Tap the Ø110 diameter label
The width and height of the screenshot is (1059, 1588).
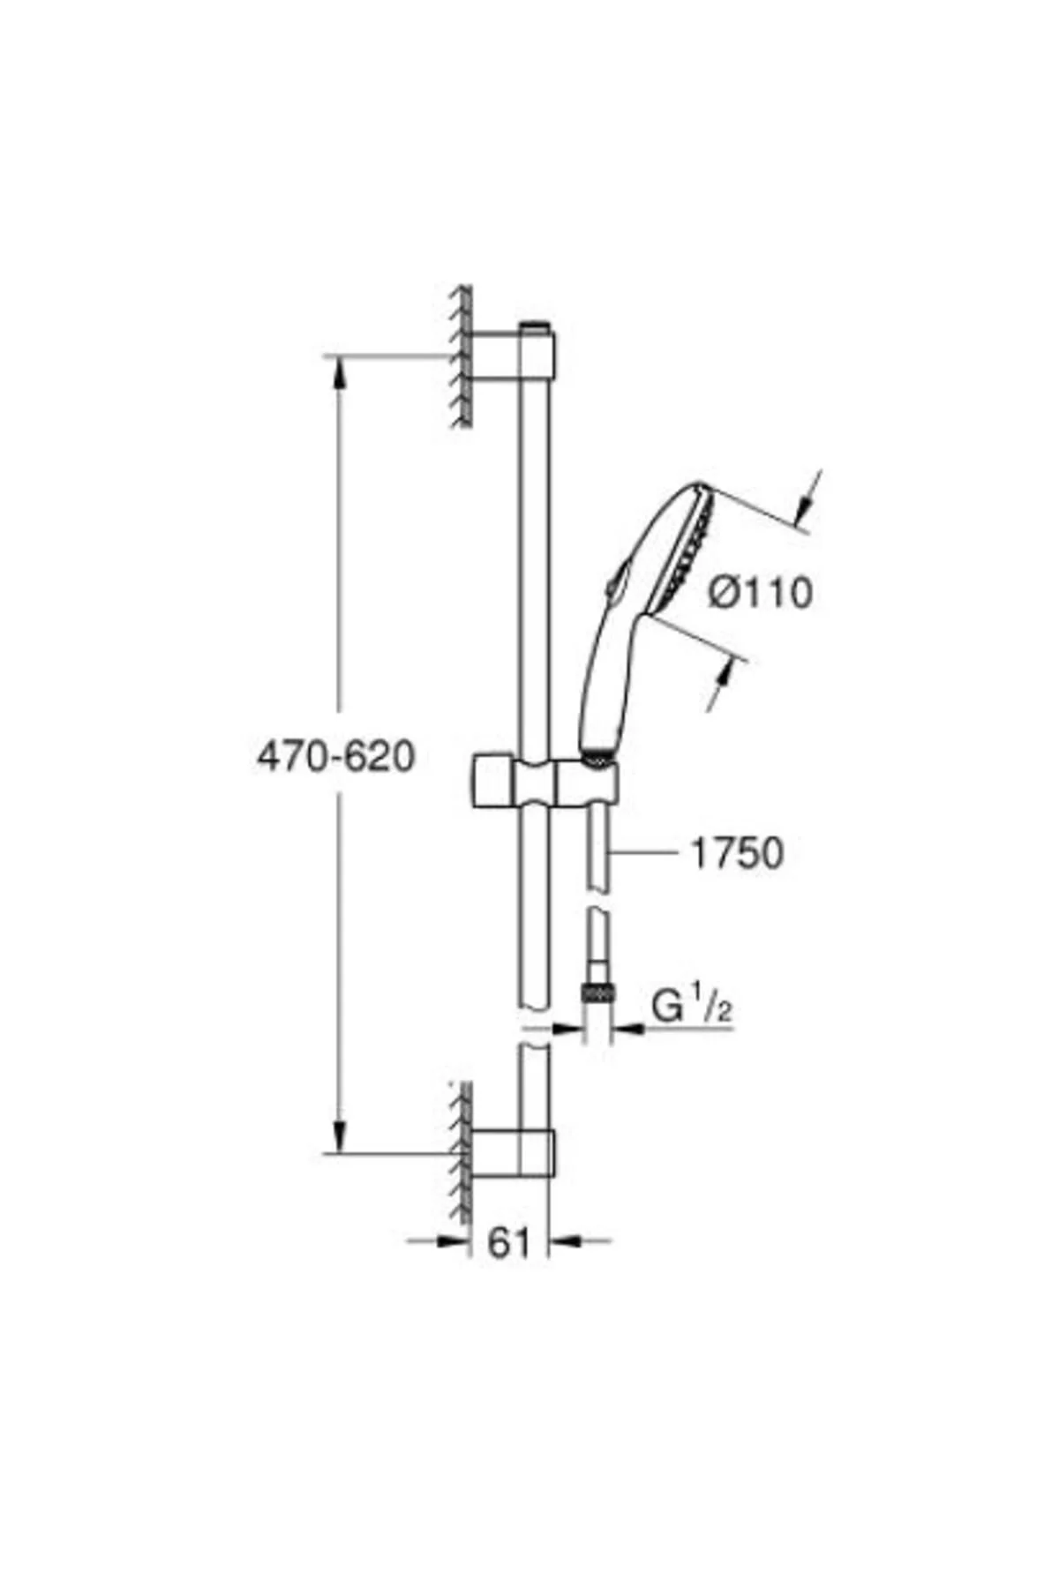click(x=760, y=592)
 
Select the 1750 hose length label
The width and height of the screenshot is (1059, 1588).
click(x=737, y=853)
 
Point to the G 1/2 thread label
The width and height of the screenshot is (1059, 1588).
click(x=692, y=1006)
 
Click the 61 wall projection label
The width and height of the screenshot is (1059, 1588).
click(x=509, y=1243)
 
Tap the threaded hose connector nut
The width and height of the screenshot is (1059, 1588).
click(x=597, y=992)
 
